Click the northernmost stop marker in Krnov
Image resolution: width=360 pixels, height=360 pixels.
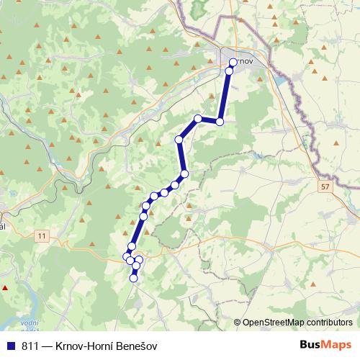(233, 62)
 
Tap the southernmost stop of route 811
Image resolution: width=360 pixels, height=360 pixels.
(133, 279)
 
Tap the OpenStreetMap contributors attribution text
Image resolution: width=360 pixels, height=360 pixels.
(297, 323)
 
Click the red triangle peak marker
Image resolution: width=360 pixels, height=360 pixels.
(6, 287)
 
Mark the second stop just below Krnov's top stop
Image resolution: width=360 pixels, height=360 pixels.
(230, 71)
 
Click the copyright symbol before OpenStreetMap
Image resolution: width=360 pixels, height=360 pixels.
(238, 323)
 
